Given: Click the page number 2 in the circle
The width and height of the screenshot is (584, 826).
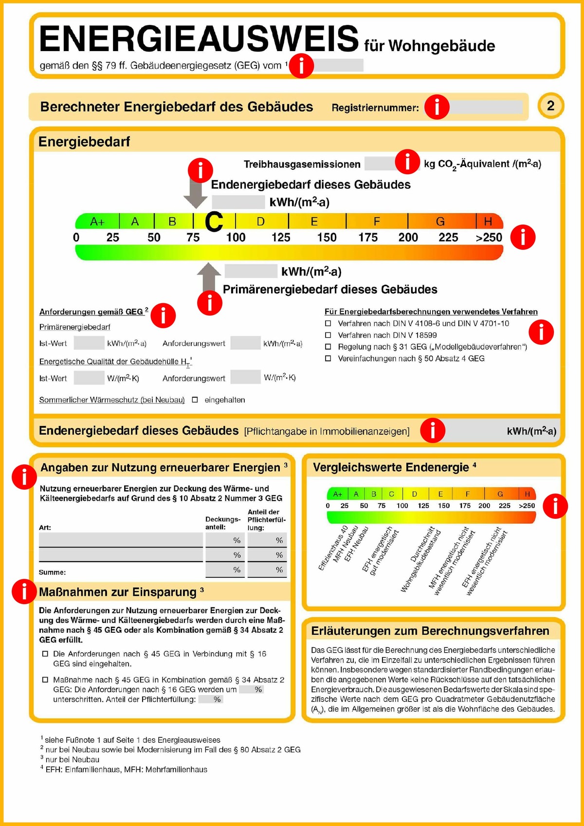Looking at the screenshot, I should [x=550, y=106].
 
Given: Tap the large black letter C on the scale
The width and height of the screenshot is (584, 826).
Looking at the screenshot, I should [x=214, y=222].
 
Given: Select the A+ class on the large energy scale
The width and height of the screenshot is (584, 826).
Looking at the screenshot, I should [x=97, y=222].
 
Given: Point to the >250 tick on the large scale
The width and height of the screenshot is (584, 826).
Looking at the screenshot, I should [x=489, y=238].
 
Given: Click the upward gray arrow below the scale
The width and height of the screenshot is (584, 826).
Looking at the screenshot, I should [x=209, y=275].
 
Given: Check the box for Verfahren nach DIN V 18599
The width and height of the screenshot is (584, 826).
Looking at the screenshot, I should [x=328, y=335].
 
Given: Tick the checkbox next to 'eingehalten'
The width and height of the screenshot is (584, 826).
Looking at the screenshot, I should [x=195, y=400].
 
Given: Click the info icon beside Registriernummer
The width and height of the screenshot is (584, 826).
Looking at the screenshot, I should [x=437, y=107].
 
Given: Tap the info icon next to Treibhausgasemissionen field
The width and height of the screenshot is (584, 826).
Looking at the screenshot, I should [x=407, y=162].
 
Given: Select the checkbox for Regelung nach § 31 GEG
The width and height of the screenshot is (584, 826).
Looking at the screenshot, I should [x=328, y=347].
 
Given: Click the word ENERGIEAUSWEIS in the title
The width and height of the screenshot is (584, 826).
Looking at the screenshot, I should [x=199, y=39].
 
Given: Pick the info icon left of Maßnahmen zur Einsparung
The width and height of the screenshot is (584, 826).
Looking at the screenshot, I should [x=24, y=591].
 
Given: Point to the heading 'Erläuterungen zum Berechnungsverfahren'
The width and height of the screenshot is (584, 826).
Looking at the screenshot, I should [x=430, y=631].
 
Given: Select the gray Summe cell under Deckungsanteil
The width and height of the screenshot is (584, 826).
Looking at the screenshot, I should [x=224, y=569].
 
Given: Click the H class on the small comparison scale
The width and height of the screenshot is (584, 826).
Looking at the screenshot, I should [x=527, y=494].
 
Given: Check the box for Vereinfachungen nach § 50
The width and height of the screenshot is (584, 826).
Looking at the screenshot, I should [x=328, y=359].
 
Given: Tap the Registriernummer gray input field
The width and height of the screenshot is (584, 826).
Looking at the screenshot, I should [x=486, y=107].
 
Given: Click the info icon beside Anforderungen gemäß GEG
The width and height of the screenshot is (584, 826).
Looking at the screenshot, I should [x=163, y=315].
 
